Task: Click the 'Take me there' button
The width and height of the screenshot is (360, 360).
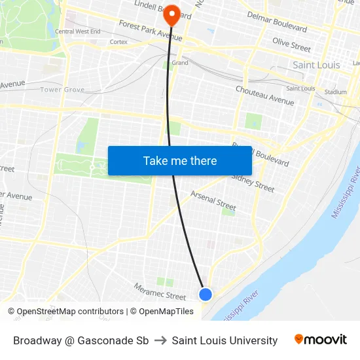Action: coord(180,160)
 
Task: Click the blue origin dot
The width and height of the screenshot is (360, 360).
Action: coord(206,295)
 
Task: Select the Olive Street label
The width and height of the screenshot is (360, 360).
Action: coord(291,45)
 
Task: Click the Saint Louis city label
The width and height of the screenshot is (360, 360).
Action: coord(316,65)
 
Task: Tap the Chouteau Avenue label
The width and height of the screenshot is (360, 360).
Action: coord(264,96)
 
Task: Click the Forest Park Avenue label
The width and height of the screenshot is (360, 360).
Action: coord(150,31)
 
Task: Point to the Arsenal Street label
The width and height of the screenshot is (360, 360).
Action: coord(213,200)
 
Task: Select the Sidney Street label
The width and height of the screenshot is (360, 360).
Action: coord(253,182)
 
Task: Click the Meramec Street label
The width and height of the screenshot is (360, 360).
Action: coord(160,291)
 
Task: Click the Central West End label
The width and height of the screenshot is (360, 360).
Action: coord(78,31)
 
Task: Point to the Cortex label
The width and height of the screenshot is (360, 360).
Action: coord(118,42)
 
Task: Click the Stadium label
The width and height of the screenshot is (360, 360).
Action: coord(335,92)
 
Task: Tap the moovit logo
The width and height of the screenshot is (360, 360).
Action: coord(321,340)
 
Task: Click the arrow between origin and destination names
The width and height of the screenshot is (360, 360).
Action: coord(160,340)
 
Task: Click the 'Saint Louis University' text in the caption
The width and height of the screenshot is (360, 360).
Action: coord(225,340)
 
